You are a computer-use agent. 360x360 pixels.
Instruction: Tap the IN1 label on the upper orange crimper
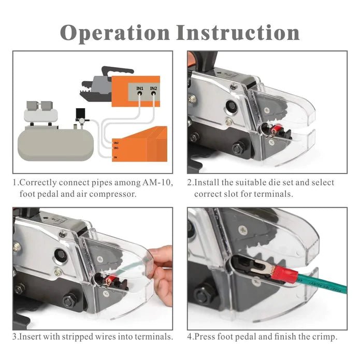tap(140, 89)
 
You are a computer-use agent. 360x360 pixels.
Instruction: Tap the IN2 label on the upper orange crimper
tap(153, 89)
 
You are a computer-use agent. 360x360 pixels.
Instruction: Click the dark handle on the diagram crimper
tap(117, 70)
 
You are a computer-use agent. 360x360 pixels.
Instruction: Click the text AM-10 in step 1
tap(159, 183)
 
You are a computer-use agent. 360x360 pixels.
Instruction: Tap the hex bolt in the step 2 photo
tap(238, 148)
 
